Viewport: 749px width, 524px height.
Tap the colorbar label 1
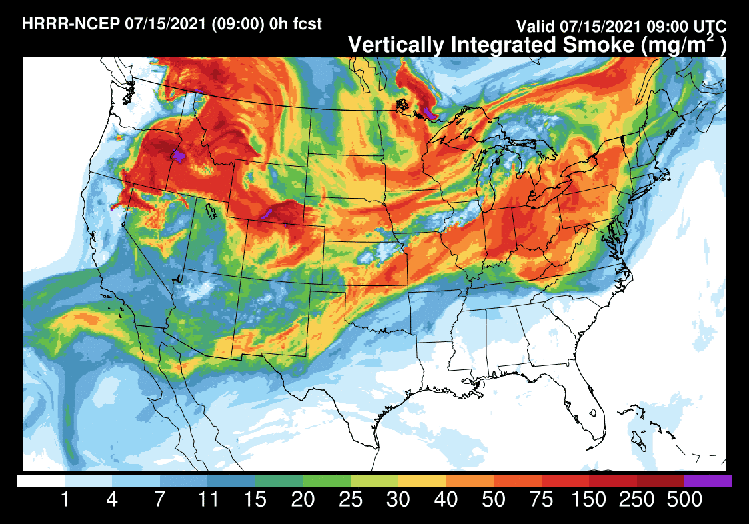point(65,499)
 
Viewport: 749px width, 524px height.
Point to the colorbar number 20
point(303,499)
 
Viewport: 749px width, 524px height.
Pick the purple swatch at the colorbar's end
point(708,481)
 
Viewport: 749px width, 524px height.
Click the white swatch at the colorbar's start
point(41,481)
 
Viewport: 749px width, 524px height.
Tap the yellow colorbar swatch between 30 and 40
point(422,481)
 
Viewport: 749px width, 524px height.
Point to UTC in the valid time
point(710,27)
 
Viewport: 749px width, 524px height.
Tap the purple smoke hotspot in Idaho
point(178,157)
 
